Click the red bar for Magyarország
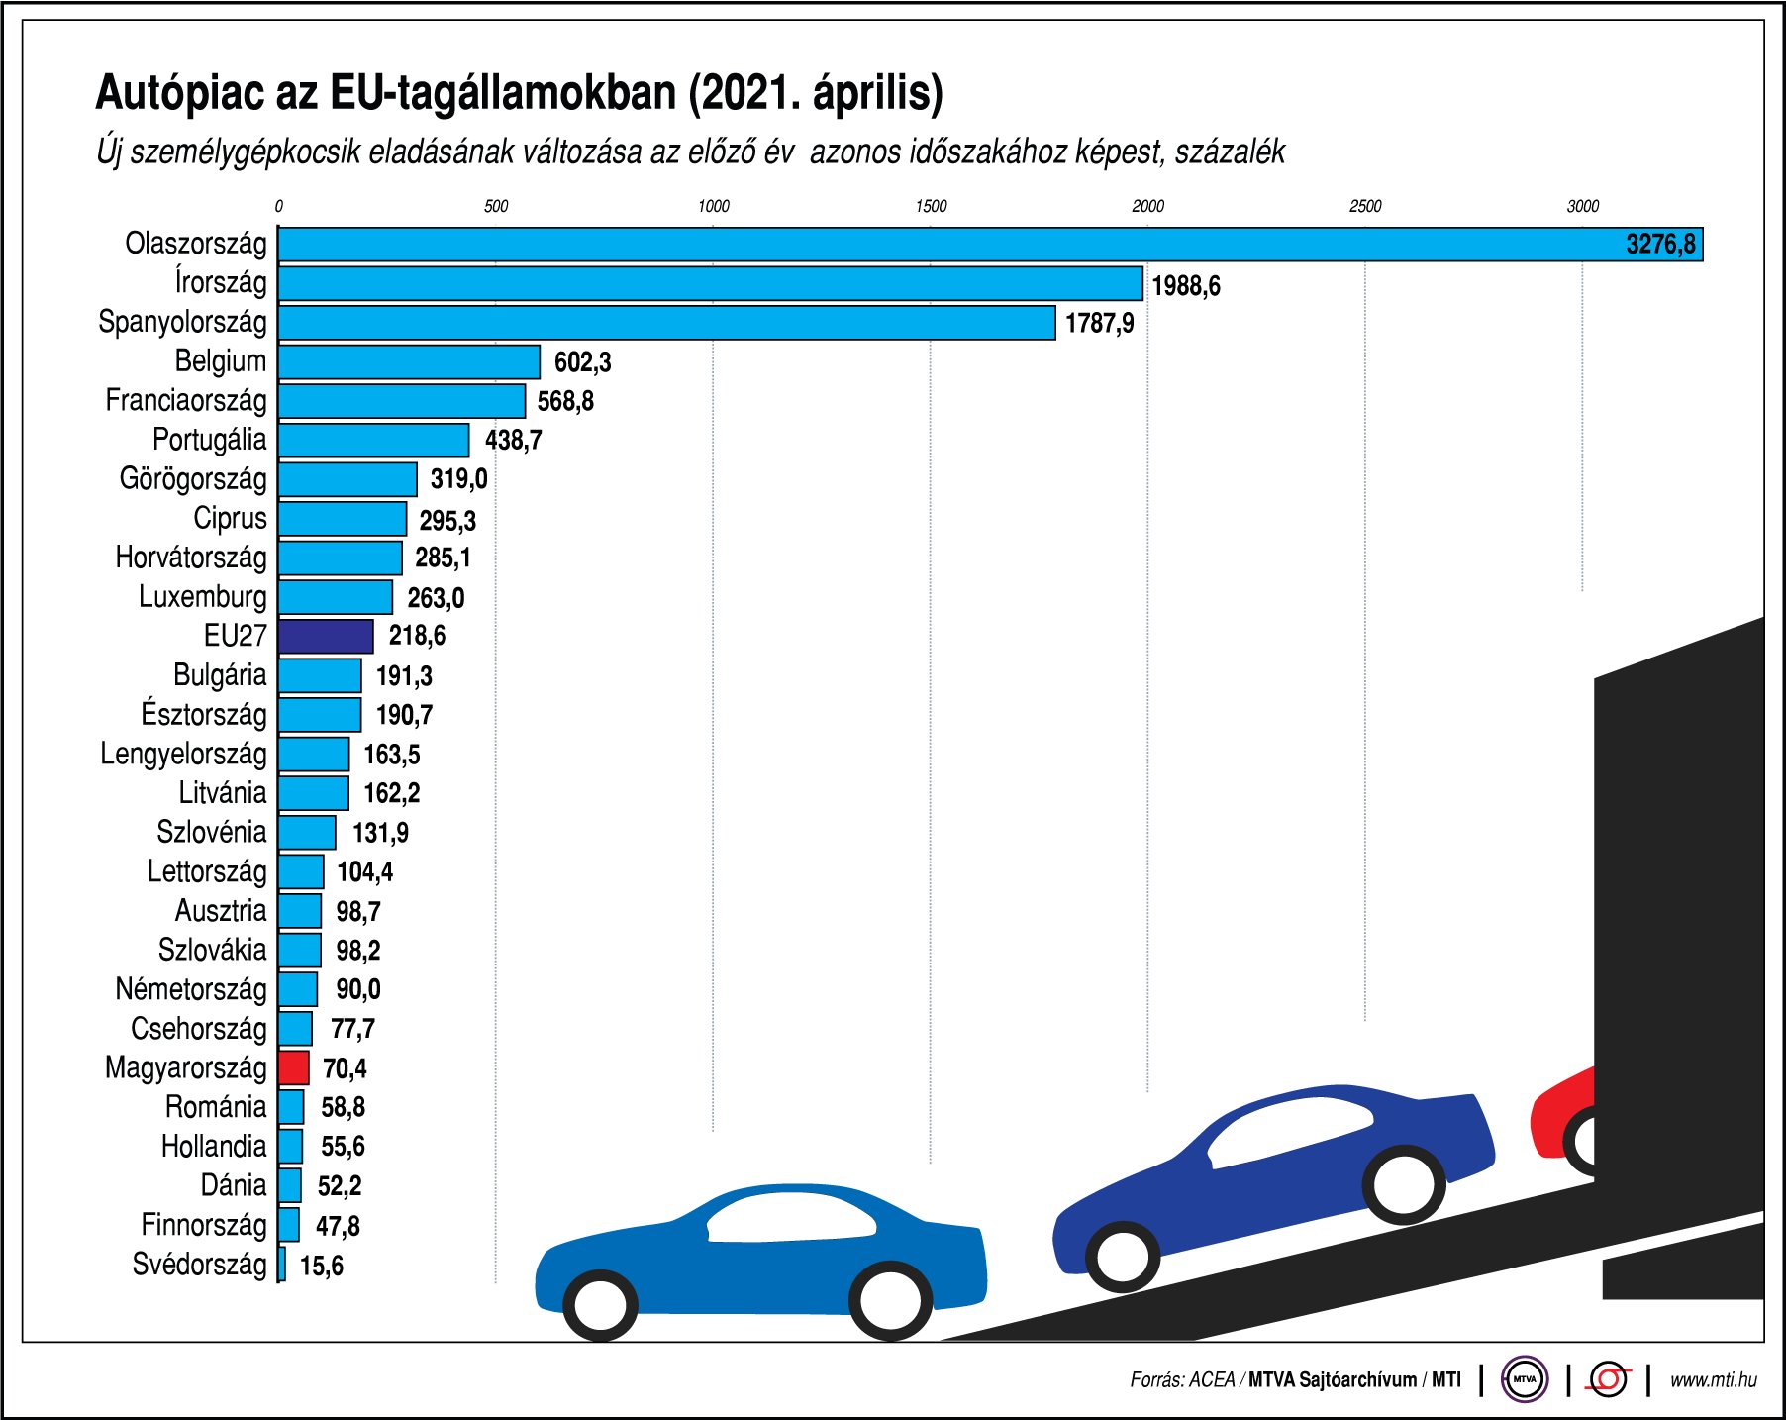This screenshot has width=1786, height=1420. [x=293, y=1067]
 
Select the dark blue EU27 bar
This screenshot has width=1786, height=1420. [x=326, y=636]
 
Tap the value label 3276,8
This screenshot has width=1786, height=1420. [x=1660, y=244]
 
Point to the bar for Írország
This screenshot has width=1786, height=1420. [x=710, y=283]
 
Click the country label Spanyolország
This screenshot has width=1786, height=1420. [x=182, y=322]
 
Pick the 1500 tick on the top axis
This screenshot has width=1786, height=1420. [x=930, y=206]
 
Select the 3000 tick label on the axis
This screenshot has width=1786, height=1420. [x=1582, y=206]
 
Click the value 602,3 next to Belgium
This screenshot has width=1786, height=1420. [x=582, y=362]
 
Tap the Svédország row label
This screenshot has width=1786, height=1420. [x=199, y=1265]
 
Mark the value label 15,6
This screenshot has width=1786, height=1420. [x=322, y=1266]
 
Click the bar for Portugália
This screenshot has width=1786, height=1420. [x=373, y=441]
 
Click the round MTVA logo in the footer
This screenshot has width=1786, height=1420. [x=1525, y=1379]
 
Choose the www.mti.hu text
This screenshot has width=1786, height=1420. [x=1713, y=1379]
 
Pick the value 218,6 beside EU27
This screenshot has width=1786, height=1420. [x=417, y=636]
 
